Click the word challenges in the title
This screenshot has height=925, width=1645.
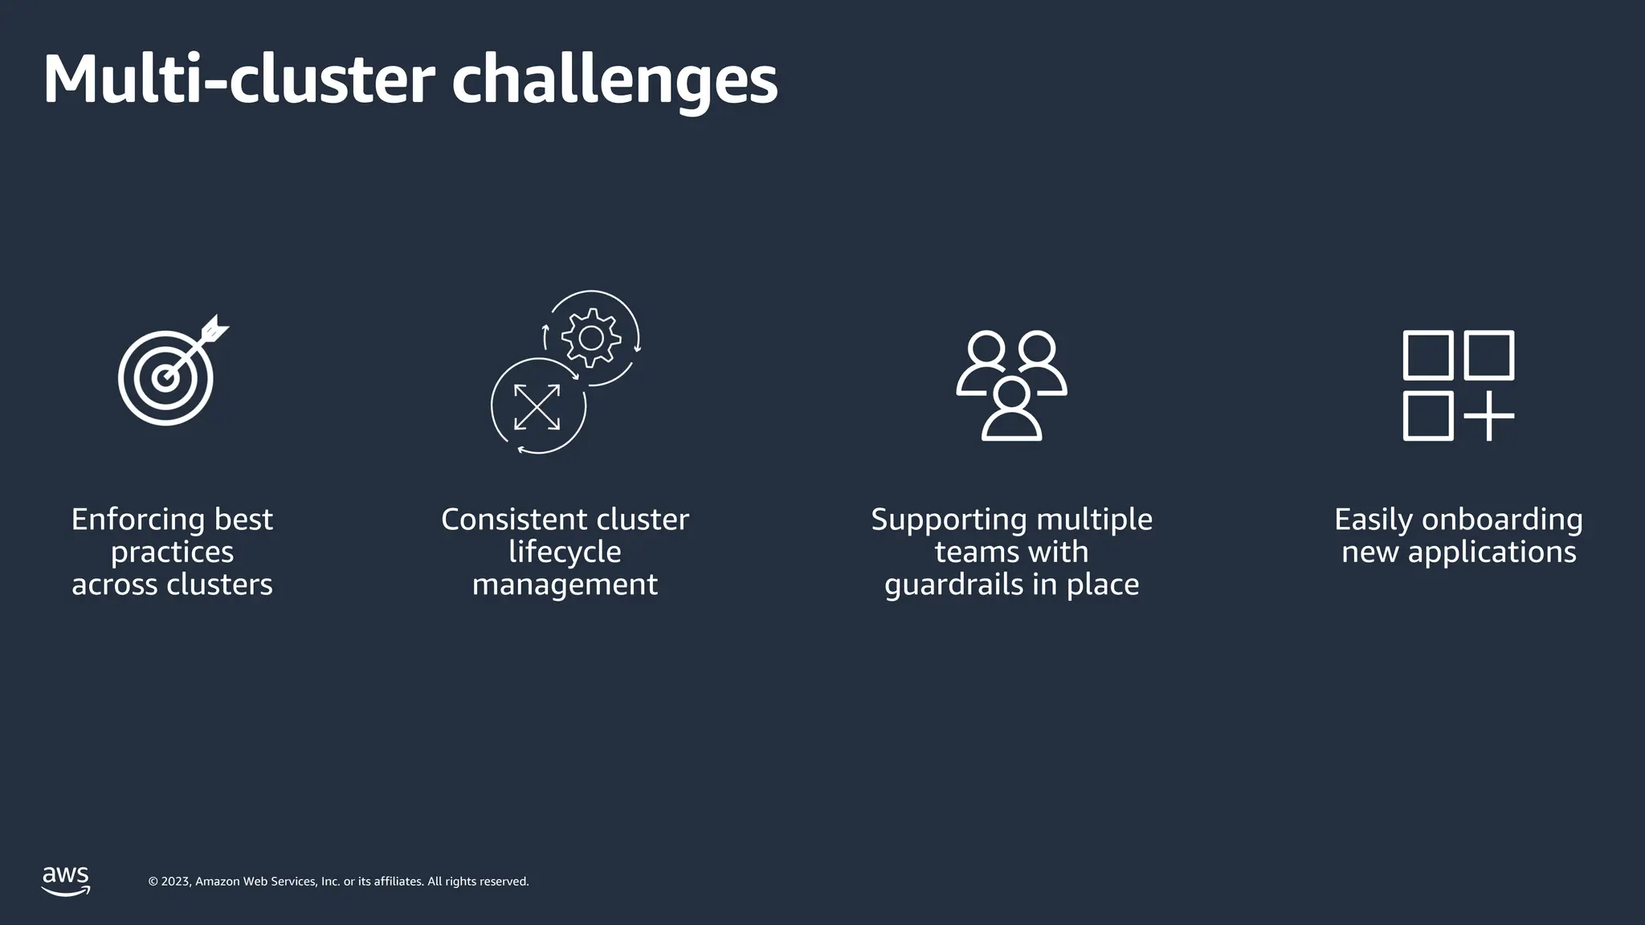coord(614,81)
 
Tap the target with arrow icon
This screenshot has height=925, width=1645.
coord(166,377)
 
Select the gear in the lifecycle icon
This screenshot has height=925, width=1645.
coord(591,338)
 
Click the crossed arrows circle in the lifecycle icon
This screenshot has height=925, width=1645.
coord(537,407)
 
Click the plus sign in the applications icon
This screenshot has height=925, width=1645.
coord(1488,416)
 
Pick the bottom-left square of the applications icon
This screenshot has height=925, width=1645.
coord(1427,416)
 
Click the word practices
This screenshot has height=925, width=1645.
coord(172,552)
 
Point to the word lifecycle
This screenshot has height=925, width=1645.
coord(565,552)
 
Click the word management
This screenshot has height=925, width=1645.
coord(565,585)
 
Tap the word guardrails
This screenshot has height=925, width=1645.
coord(953,585)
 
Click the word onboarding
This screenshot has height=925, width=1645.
coord(1502,520)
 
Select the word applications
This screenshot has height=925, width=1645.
coord(1492,552)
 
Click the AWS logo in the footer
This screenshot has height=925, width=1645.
coord(66,880)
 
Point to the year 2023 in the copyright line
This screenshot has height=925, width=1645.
coord(176,882)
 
